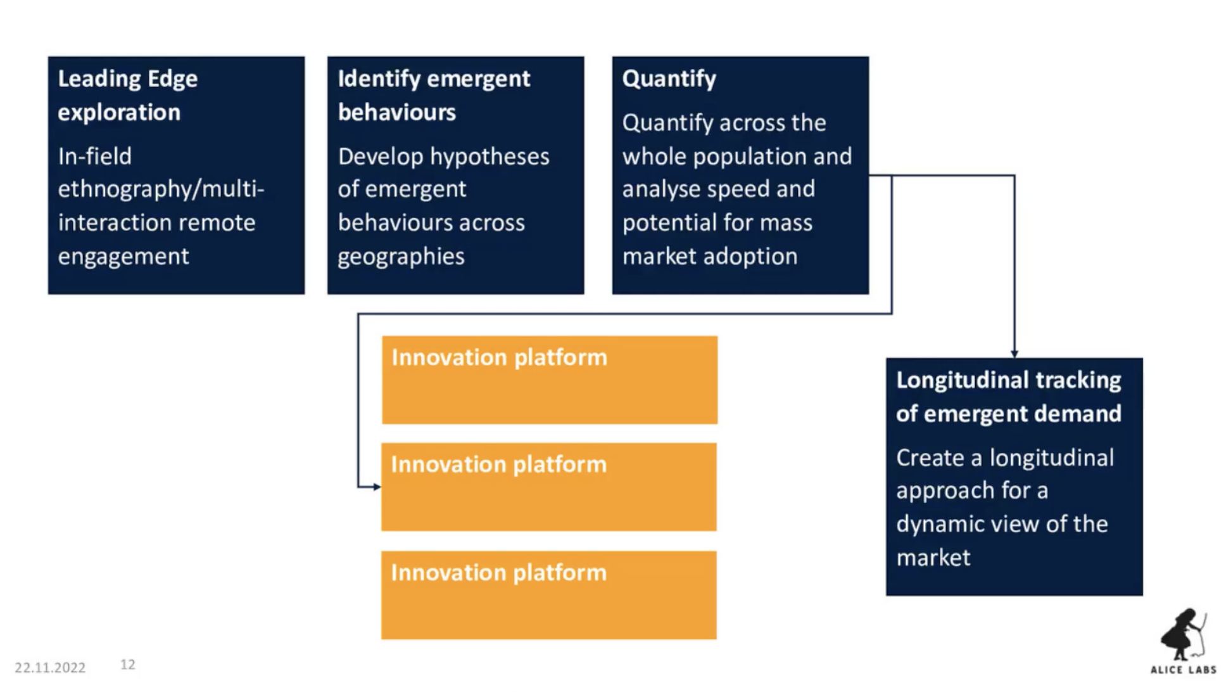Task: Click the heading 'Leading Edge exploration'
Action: (127, 95)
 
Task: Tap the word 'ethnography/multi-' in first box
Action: (161, 189)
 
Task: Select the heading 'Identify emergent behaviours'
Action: (433, 95)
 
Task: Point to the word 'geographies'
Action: (401, 257)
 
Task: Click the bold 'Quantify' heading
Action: (669, 79)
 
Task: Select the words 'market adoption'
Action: (709, 257)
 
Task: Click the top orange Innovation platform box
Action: (549, 380)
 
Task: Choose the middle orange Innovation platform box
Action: (548, 487)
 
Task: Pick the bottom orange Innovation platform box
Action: (548, 595)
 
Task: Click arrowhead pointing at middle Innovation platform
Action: (377, 487)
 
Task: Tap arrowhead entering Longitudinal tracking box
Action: (1014, 354)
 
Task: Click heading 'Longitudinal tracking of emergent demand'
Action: (1008, 397)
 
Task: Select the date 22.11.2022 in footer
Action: (50, 667)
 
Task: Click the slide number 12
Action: (128, 664)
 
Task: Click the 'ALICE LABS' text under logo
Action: (1183, 670)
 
